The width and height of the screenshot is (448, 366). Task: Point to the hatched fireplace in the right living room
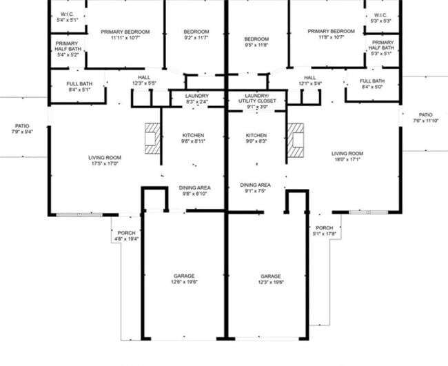(296, 137)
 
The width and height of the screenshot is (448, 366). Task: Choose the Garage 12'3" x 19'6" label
(270, 278)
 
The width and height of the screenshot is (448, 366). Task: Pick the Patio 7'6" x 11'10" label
(425, 118)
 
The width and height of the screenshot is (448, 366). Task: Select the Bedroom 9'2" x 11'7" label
(196, 35)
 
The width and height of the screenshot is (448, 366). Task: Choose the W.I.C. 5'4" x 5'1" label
(67, 17)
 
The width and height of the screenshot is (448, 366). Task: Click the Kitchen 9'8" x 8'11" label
(194, 138)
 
